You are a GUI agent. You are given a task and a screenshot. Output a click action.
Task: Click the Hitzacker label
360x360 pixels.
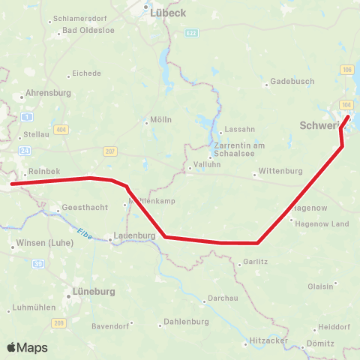[268, 340]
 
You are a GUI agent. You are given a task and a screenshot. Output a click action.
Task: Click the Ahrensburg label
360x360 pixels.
[46, 93]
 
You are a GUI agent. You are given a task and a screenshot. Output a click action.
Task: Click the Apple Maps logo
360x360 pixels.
[26, 347]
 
